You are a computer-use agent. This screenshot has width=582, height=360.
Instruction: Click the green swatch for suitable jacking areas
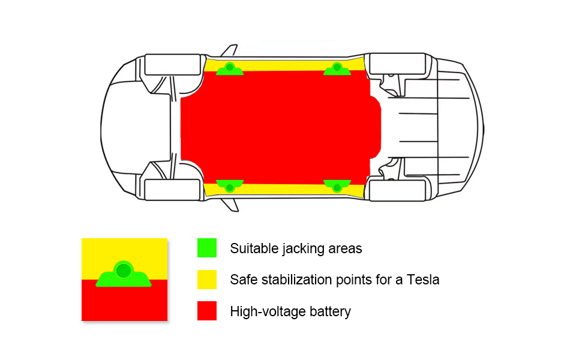(206, 248)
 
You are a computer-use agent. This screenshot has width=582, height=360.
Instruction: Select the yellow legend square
(206, 280)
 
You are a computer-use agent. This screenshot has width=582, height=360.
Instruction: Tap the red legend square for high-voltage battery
(206, 311)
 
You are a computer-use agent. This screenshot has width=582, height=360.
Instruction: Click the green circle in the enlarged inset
(124, 271)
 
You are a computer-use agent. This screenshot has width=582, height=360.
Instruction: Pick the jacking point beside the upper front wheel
(229, 68)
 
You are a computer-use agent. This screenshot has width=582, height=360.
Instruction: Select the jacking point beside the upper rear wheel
(337, 68)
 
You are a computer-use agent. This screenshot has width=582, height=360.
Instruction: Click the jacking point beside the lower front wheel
(229, 185)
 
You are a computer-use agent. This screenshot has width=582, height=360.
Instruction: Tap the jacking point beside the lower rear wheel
(337, 185)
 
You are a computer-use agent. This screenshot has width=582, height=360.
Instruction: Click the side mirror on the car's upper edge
(230, 50)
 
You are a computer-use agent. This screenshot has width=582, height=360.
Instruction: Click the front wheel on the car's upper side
(173, 65)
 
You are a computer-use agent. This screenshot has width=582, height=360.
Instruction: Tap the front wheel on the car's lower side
(173, 190)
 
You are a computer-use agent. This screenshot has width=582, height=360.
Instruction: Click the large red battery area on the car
(279, 126)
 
